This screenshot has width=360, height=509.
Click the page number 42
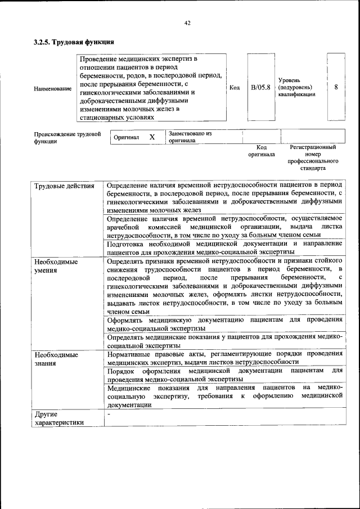pyautogui.click(x=188, y=23)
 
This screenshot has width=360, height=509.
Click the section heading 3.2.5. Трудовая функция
pyautogui.click(x=74, y=42)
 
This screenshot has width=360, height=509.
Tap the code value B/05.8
pyautogui.click(x=260, y=87)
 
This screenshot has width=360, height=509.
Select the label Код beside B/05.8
pyautogui.click(x=235, y=88)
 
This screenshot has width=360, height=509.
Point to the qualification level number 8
pyautogui.click(x=336, y=87)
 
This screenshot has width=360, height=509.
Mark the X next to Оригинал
pyautogui.click(x=152, y=137)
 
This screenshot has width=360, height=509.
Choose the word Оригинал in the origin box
pyautogui.click(x=126, y=137)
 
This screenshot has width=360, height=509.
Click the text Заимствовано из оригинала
pyautogui.click(x=190, y=137)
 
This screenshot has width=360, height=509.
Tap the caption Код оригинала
pyautogui.click(x=262, y=150)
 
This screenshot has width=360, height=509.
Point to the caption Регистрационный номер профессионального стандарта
pyautogui.click(x=313, y=157)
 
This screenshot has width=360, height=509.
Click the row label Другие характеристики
pyautogui.click(x=58, y=418)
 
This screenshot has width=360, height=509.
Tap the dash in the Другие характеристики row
pyautogui.click(x=109, y=414)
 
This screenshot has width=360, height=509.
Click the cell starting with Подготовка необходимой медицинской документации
pyautogui.click(x=224, y=247)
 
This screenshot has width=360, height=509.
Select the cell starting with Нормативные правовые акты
pyautogui.click(x=224, y=358)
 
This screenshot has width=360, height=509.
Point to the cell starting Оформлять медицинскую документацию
pyautogui.click(x=224, y=323)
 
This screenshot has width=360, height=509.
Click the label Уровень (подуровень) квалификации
pyautogui.click(x=296, y=87)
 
